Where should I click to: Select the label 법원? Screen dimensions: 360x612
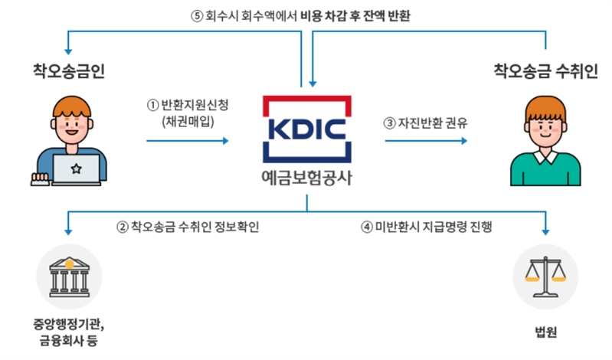545,332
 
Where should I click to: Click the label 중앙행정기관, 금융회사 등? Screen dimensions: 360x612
70,332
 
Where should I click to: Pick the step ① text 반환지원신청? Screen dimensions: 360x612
188,106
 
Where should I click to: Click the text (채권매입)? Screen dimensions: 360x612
188,121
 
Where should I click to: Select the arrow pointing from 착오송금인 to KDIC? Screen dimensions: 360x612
188,141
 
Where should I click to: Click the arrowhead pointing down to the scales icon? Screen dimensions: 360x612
546,231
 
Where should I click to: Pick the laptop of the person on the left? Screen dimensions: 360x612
75,170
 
